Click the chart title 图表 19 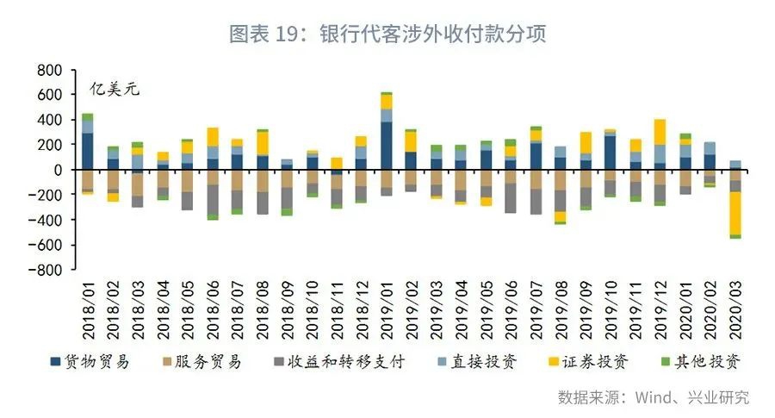[x=387, y=34]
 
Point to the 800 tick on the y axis [x=48, y=70]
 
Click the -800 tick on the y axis [x=45, y=270]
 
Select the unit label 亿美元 [x=115, y=90]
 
